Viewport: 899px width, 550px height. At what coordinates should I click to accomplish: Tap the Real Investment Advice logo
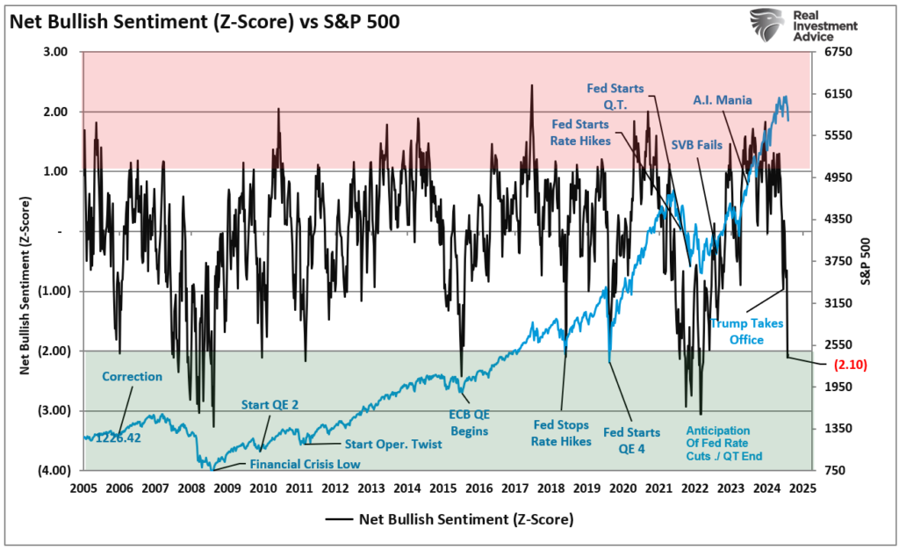click(803, 26)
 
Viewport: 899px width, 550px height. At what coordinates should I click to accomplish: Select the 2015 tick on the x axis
click(443, 488)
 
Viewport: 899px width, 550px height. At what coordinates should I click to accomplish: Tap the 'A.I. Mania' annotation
click(723, 100)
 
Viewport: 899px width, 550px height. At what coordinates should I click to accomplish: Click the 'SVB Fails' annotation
click(696, 145)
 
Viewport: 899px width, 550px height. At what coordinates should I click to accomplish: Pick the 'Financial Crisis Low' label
click(306, 464)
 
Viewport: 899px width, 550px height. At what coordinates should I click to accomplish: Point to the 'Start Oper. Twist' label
click(392, 445)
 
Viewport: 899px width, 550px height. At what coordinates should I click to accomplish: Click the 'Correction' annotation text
click(132, 376)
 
